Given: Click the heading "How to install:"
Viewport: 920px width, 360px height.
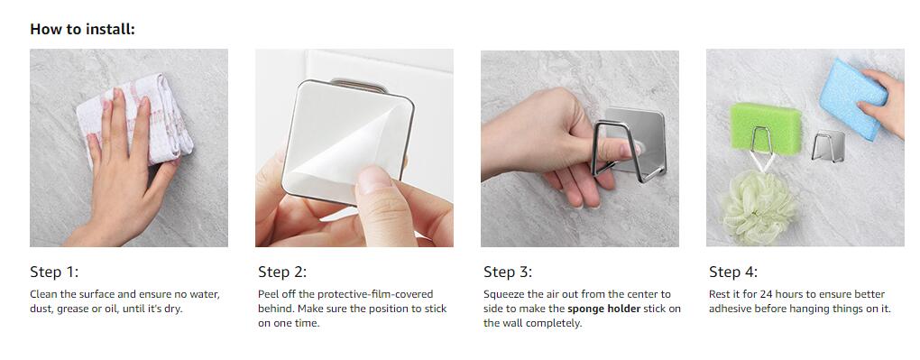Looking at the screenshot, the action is [82, 29].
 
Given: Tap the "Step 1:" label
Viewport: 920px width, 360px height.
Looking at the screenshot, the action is [54, 272].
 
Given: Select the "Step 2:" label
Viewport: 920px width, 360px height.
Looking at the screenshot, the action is [282, 272].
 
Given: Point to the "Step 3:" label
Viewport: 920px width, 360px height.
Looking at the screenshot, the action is [508, 272].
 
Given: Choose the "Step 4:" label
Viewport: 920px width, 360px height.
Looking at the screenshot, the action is [732, 272].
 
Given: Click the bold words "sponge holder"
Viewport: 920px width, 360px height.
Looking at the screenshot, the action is [603, 309].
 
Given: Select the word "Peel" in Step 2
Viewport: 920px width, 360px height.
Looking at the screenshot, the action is [269, 294].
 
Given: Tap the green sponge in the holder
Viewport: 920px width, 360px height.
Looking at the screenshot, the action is [765, 127].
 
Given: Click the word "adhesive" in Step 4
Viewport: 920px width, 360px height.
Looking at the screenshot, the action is [731, 309].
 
